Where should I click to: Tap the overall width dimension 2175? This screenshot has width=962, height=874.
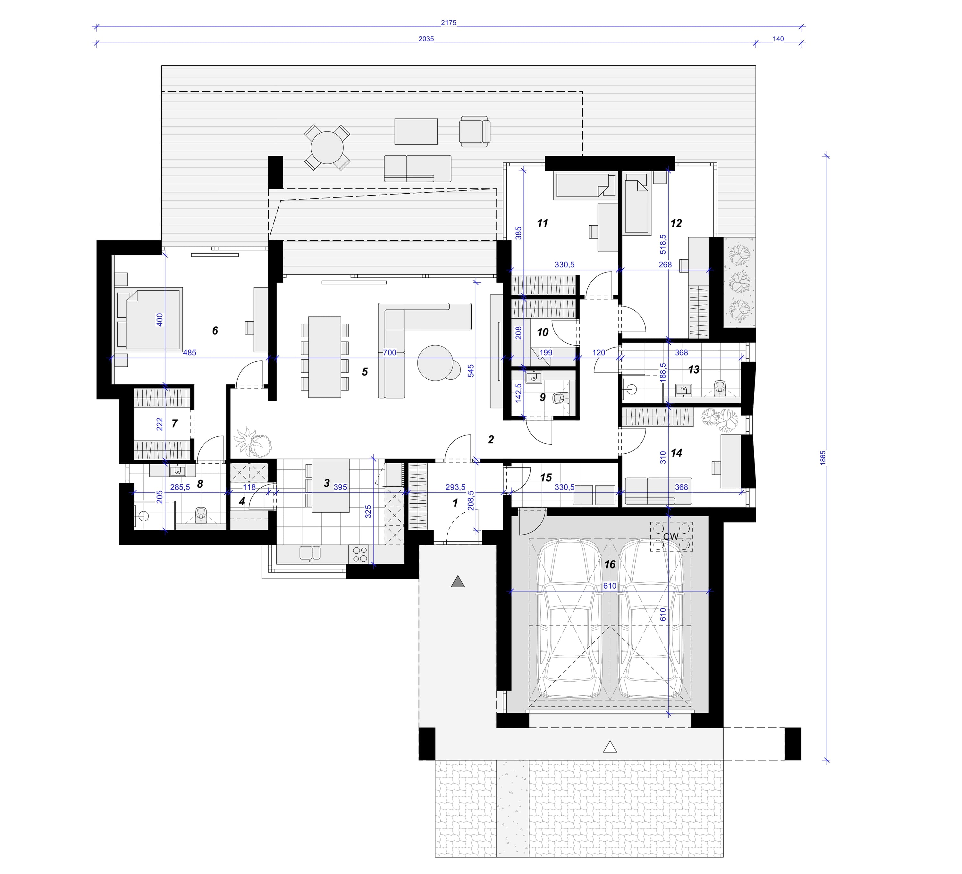click(449, 22)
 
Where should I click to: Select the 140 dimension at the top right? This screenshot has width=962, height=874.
click(778, 39)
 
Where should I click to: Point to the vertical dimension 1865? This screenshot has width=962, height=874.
click(823, 458)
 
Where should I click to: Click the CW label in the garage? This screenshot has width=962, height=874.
click(671, 537)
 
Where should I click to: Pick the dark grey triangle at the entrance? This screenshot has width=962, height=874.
click(458, 581)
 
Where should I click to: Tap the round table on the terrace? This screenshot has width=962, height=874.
click(327, 147)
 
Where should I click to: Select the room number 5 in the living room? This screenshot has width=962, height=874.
click(365, 372)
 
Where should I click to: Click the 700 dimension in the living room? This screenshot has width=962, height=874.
click(390, 353)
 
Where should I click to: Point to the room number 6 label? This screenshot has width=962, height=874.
click(215, 331)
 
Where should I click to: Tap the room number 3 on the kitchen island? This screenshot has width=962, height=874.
click(326, 483)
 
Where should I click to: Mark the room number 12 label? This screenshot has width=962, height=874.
click(676, 223)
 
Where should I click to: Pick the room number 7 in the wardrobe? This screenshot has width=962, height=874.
click(175, 424)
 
